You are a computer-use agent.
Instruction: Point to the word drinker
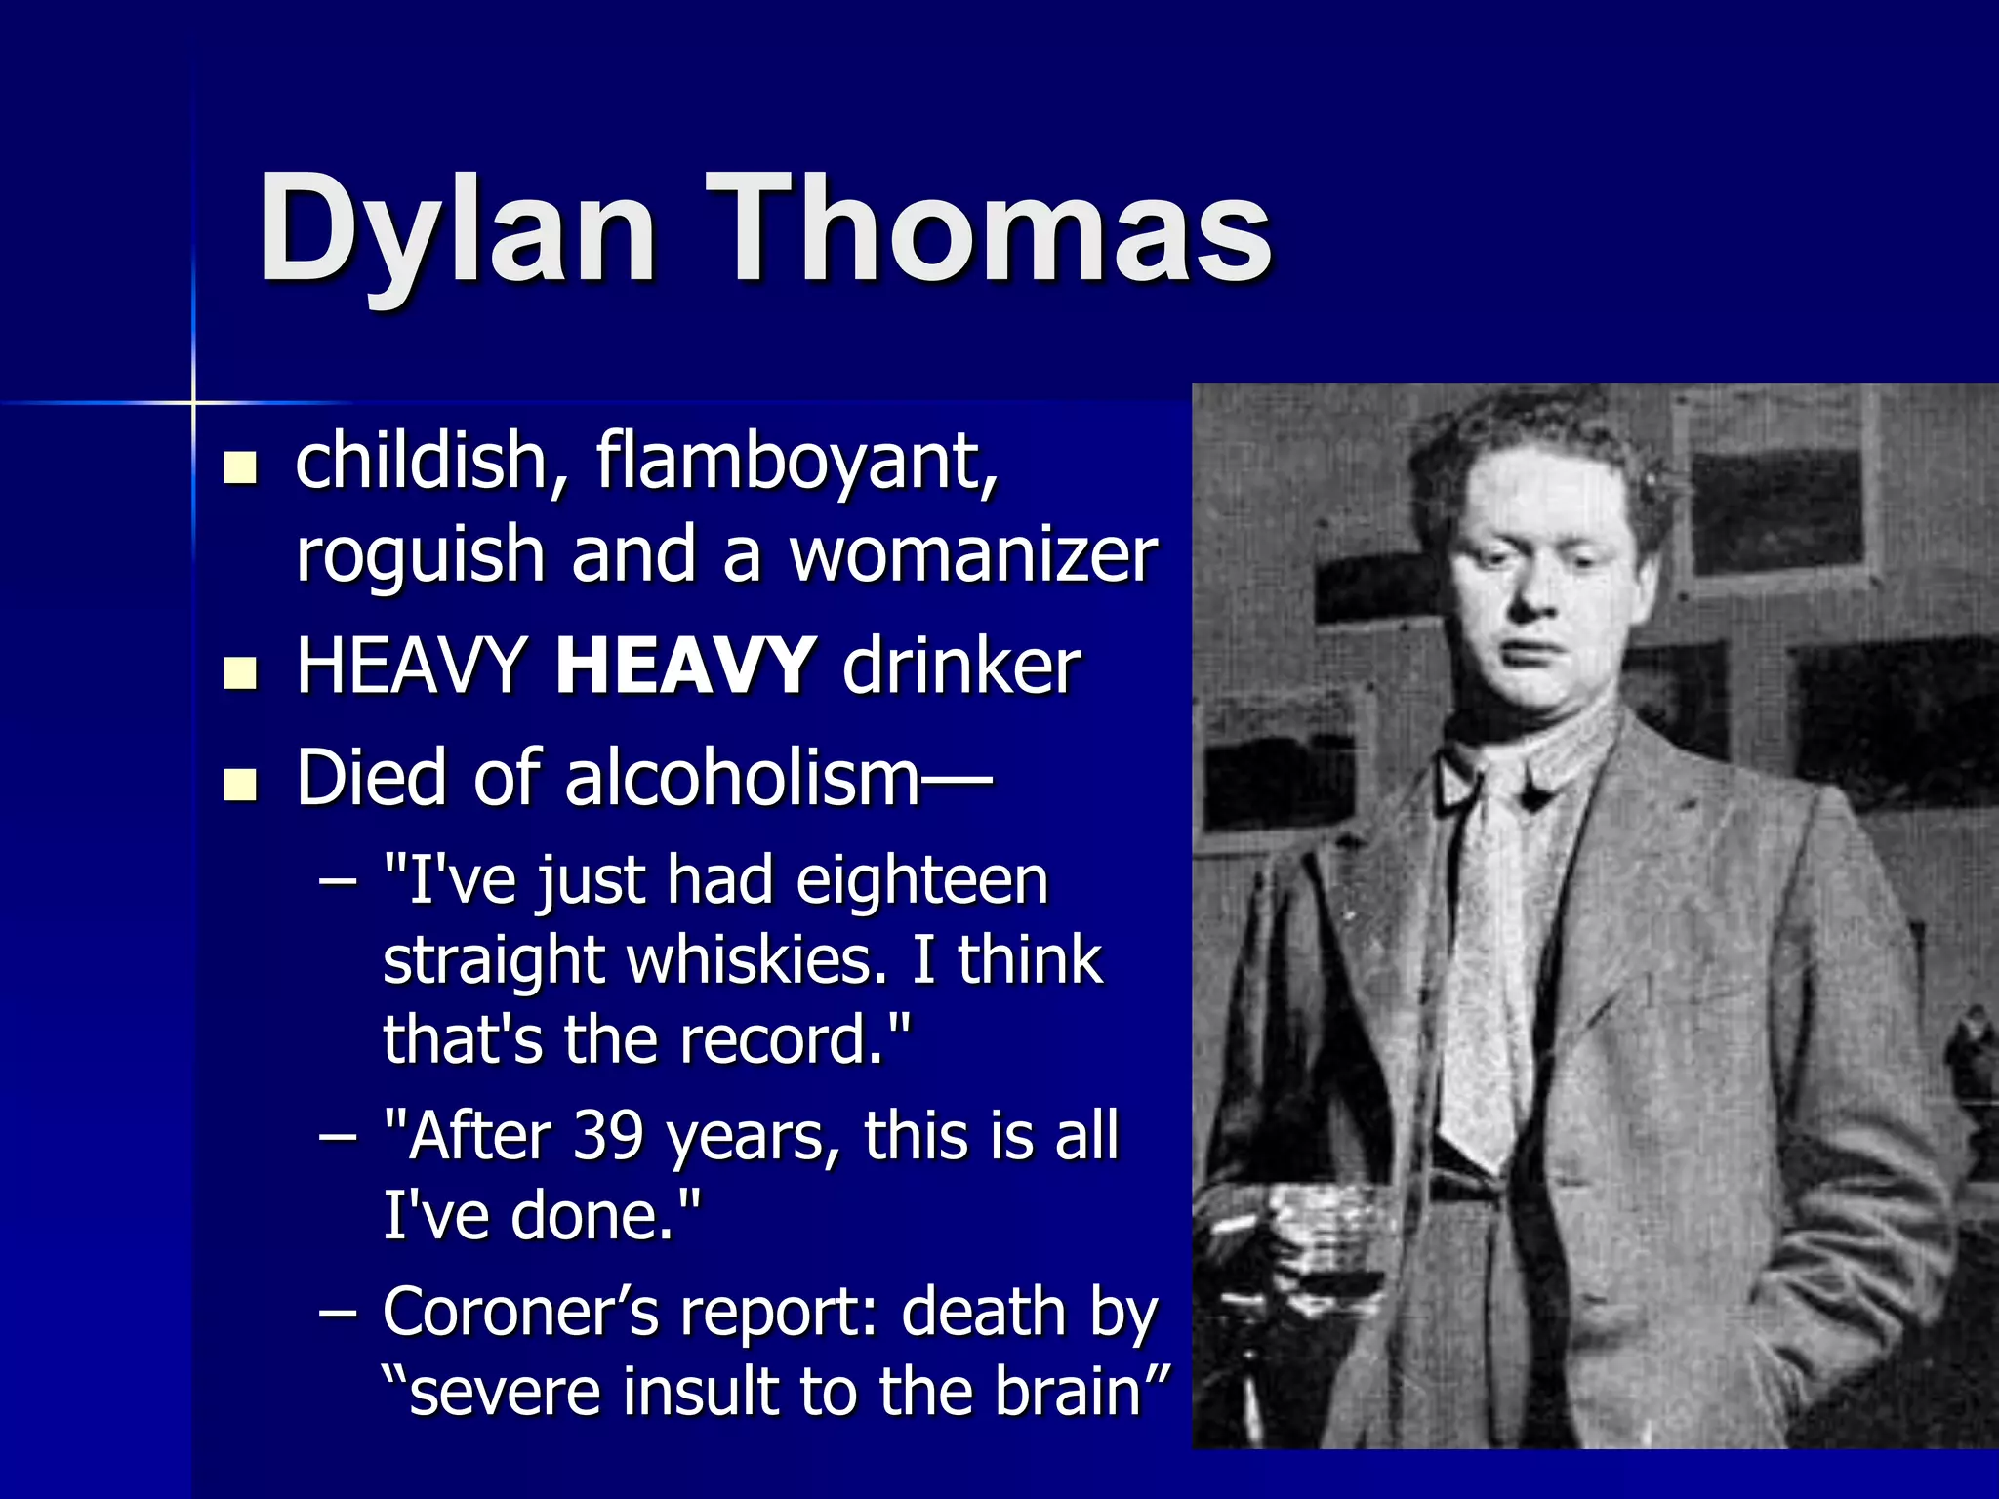click(961, 666)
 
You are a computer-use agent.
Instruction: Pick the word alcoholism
click(743, 778)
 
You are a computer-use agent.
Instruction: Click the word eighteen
click(921, 880)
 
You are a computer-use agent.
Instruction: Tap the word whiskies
click(757, 960)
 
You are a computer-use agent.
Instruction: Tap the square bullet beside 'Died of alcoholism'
click(239, 784)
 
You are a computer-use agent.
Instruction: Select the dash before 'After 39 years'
click(338, 1137)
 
